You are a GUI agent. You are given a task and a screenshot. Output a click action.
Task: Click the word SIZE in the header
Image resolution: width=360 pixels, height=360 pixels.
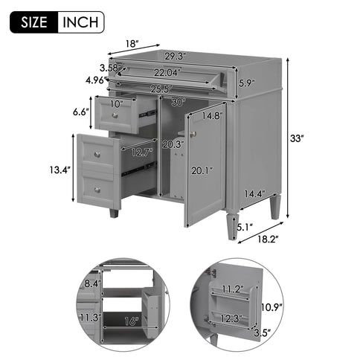point(33,22)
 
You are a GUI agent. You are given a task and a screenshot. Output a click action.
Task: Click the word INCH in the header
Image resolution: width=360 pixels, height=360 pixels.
point(79,22)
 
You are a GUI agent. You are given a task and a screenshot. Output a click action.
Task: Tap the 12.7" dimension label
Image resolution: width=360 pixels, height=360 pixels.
point(141,153)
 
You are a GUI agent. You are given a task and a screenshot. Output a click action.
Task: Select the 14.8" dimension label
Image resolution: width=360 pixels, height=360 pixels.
point(213,116)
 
